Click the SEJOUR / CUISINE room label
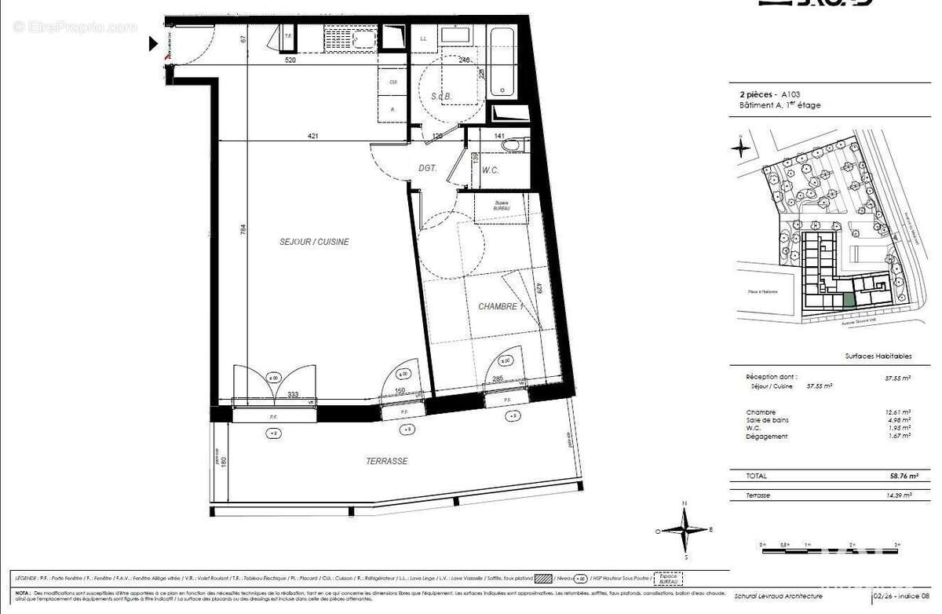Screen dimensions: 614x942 pyautogui.click(x=314, y=242)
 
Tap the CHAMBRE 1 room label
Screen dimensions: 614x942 pyautogui.click(x=500, y=306)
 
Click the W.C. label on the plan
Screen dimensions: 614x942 pyautogui.click(x=491, y=170)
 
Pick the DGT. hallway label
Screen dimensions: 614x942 pyautogui.click(x=427, y=168)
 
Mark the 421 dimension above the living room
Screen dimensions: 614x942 pyautogui.click(x=312, y=137)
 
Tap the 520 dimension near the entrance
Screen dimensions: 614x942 pyautogui.click(x=290, y=60)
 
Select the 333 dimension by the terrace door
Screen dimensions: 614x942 pyautogui.click(x=293, y=394)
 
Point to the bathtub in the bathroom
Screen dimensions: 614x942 pyautogui.click(x=502, y=63)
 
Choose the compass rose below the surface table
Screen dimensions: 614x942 pyautogui.click(x=685, y=530)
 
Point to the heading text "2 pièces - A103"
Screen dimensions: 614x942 pyautogui.click(x=768, y=93)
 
